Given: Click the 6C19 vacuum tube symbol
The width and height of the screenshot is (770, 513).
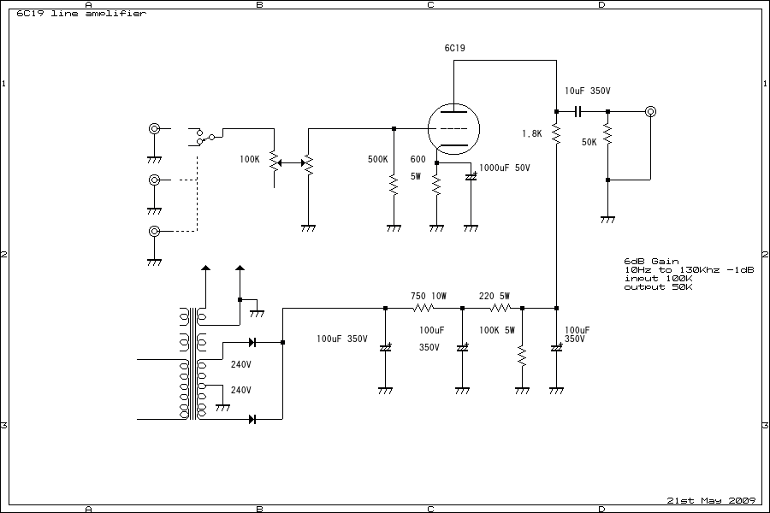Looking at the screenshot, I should [453, 129].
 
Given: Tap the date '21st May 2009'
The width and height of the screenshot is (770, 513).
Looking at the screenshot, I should [709, 500].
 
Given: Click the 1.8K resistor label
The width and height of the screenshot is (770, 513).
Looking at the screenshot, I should [531, 134].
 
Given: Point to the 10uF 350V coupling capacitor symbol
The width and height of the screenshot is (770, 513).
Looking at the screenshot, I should [579, 111].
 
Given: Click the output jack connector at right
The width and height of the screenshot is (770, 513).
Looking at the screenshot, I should [650, 111].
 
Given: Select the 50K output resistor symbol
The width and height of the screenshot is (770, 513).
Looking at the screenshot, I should [607, 134].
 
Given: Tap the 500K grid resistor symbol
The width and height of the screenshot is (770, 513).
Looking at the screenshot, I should [394, 185].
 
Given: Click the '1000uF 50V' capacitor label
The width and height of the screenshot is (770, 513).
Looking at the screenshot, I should [505, 168].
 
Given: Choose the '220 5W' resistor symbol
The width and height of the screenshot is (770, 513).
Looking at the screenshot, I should [500, 308].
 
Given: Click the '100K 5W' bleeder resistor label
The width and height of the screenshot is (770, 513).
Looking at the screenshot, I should [496, 330].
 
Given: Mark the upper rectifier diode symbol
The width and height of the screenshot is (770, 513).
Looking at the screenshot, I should [253, 342].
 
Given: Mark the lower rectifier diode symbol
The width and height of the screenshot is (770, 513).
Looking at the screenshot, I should [253, 419].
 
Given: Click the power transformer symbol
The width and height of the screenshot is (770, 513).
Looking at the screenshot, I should [193, 363].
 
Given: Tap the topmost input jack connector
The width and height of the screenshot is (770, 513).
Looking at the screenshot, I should [155, 129].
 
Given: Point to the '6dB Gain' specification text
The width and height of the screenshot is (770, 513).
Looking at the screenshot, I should [651, 262].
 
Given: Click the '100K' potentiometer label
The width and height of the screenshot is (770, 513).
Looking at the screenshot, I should [250, 159].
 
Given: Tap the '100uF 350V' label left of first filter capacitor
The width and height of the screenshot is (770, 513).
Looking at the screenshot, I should [341, 339].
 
